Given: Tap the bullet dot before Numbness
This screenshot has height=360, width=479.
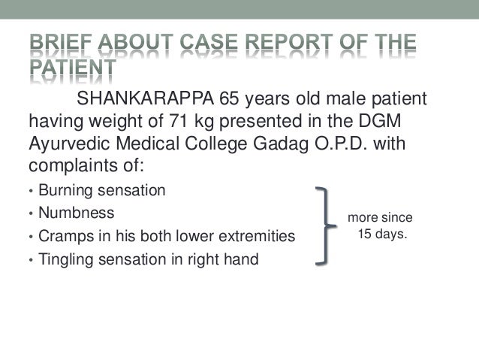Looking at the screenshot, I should (30, 213).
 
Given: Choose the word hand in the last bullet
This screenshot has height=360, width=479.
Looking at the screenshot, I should (242, 261).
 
